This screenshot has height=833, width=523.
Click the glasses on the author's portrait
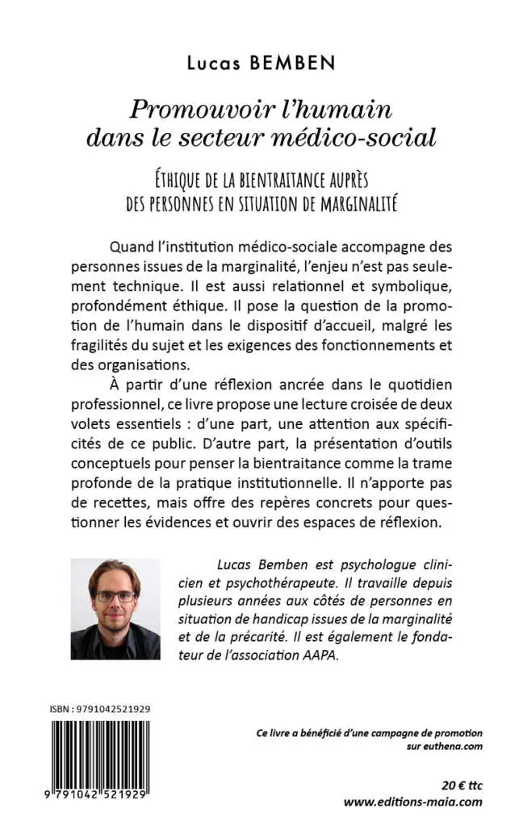pyautogui.click(x=116, y=597)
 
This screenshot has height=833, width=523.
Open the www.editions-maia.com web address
pyautogui.click(x=412, y=802)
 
